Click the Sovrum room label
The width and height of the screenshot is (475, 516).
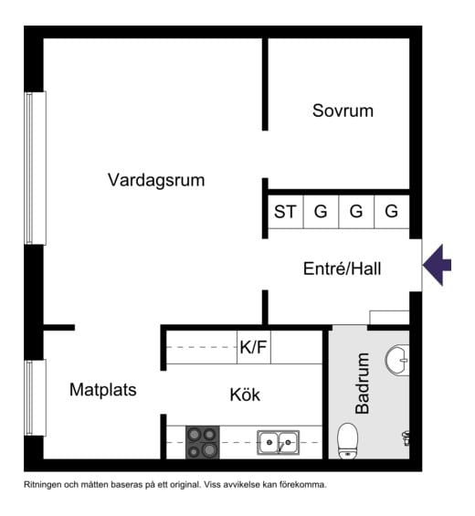343,111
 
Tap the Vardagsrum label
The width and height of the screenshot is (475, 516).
156,180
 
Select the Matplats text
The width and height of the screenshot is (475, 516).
103,390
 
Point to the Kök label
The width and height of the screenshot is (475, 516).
245,395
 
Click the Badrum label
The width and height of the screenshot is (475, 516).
363,383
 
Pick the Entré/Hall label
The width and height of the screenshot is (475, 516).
342,269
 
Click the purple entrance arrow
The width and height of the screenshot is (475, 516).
438,265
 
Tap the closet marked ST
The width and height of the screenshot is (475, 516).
285,212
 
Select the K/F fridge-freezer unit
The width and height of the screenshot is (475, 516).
254,347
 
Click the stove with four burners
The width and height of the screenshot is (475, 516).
203,442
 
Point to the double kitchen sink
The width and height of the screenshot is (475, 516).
279,443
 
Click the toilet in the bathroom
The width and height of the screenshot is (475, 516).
347,440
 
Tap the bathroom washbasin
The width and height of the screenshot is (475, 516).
397,360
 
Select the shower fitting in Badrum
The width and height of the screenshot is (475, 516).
406,437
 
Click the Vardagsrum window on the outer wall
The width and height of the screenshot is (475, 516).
35,168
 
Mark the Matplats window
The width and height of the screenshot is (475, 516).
35,397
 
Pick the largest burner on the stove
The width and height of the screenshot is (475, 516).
209,450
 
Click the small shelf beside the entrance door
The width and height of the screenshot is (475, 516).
389,318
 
